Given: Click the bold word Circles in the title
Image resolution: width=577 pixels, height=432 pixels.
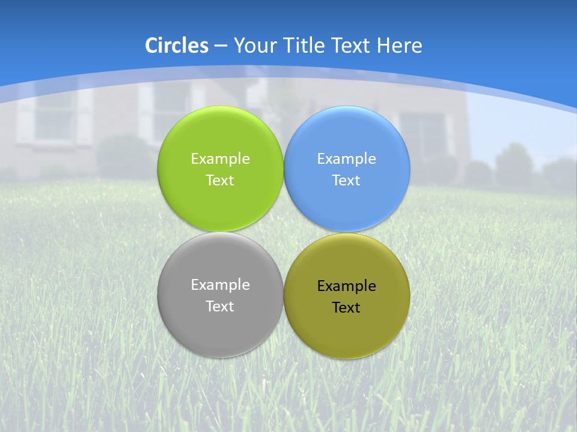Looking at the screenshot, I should tap(177, 46).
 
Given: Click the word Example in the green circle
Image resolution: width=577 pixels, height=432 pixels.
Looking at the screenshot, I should tap(220, 158).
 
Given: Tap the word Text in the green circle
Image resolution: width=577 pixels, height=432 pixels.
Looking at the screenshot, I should tap(220, 180).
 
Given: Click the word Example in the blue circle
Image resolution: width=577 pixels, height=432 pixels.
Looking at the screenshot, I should tap(347, 158).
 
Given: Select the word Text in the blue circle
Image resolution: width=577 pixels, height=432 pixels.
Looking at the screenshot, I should tap(347, 180).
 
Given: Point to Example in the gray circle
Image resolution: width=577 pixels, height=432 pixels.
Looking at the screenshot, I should tap(220, 284).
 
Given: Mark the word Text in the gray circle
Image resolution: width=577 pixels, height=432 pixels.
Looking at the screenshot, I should tap(220, 306).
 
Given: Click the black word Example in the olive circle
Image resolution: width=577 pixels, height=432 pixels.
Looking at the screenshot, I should tap(347, 286).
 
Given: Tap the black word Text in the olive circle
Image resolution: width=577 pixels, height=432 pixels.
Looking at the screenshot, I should tap(347, 307).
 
